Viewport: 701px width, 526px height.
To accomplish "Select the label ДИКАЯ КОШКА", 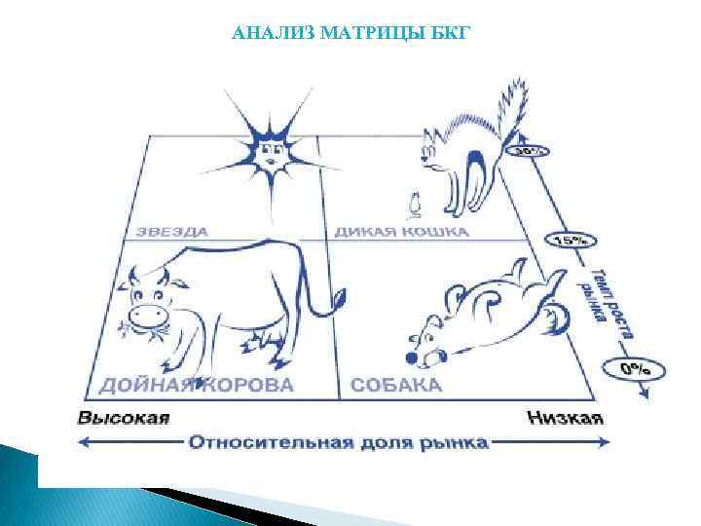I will click(x=401, y=232).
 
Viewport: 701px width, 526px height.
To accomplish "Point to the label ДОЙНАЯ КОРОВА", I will click(x=195, y=384).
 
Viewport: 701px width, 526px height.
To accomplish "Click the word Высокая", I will click(x=124, y=418).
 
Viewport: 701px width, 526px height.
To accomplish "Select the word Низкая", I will click(x=566, y=418).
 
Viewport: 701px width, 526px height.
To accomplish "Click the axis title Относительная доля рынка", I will click(x=338, y=443).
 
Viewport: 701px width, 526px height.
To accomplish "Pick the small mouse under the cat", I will click(x=414, y=205).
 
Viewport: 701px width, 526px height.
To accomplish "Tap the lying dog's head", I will click(x=425, y=336).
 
